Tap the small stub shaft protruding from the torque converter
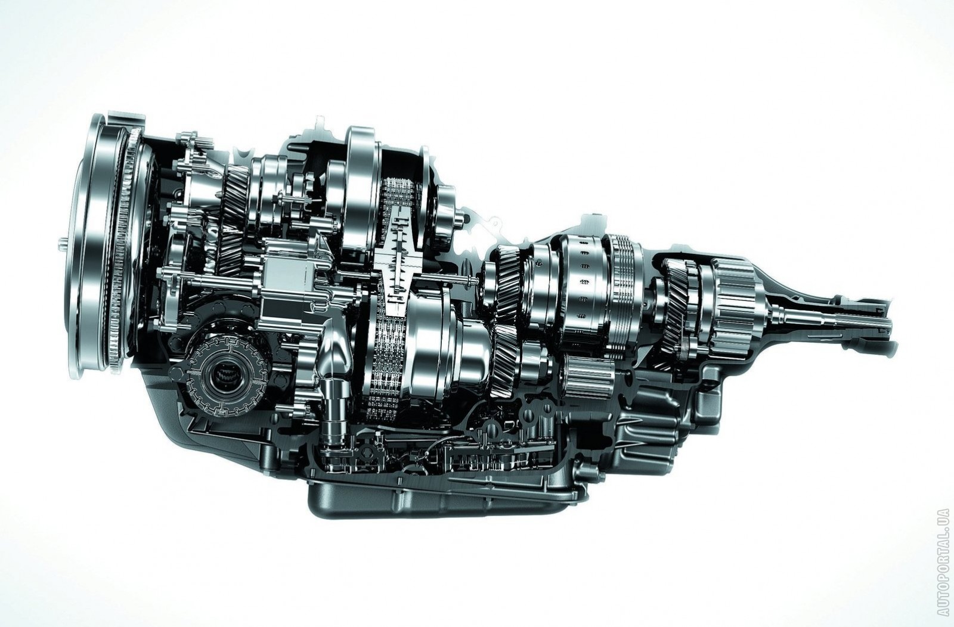(62, 244)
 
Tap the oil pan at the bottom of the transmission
(443, 498)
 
